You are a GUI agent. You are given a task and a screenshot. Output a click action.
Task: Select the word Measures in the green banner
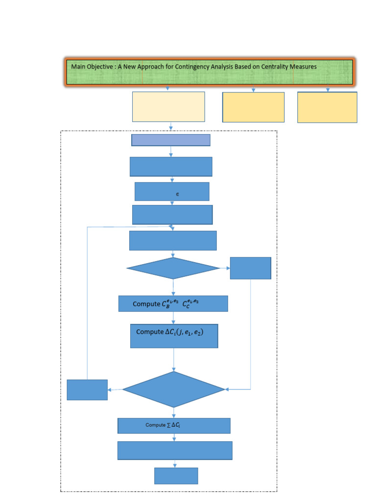point(305,66)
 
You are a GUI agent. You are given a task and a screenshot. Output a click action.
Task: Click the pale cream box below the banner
point(168,106)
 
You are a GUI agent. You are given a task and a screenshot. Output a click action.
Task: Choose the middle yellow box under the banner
point(253,107)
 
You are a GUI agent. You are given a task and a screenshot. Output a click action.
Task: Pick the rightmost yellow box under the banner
point(327,107)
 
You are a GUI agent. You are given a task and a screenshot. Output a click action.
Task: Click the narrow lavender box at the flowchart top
point(170,140)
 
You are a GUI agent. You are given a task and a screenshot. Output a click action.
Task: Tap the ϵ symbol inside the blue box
point(177,194)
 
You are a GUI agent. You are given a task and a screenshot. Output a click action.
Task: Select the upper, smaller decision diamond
point(173,268)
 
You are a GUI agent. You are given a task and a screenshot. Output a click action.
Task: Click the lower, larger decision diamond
point(174,389)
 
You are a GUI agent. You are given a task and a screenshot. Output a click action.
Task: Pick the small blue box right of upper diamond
point(250,268)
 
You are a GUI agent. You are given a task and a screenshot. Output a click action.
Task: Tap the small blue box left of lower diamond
point(87,390)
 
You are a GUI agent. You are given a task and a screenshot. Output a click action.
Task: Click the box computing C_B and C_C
point(173,304)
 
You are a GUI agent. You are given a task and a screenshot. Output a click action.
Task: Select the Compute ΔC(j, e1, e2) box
point(174,336)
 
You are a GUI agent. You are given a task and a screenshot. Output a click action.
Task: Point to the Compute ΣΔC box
point(174,426)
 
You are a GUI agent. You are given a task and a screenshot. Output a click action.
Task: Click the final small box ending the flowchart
point(176,476)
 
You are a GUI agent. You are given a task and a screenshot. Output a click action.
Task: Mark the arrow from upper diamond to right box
point(225,268)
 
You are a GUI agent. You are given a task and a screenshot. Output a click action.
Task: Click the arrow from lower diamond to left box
point(115,390)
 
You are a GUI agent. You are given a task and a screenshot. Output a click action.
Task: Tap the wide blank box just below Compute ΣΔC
point(175,451)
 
